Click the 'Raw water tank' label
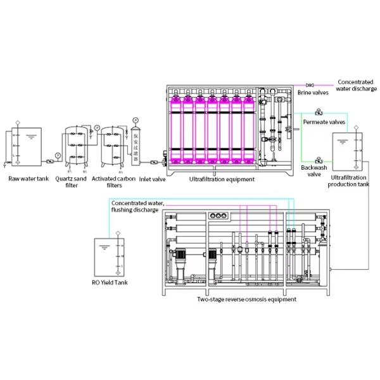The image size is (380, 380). point(28,179)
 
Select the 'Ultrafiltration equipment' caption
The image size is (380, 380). point(222,179)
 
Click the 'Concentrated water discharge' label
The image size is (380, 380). point(357,85)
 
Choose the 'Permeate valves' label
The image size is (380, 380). point(324,121)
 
